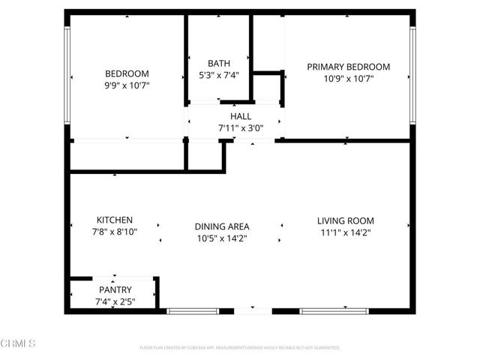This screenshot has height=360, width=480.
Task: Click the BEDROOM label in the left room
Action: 127,73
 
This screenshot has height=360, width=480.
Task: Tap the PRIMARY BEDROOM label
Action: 349,67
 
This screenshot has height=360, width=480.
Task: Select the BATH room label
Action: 219,64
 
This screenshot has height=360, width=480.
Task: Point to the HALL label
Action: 241,116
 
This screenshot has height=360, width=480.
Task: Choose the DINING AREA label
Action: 222,226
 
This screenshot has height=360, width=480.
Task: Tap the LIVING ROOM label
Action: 345,220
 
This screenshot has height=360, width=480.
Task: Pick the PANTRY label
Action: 115,289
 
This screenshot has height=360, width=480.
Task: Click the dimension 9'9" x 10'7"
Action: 127,85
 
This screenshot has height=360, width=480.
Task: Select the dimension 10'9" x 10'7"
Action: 349,79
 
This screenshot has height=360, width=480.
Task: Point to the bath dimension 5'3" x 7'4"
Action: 219,76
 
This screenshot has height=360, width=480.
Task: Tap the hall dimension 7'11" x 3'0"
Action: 241,128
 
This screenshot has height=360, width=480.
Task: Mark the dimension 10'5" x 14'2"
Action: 222,238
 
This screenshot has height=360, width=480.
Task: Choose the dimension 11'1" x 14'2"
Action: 345,232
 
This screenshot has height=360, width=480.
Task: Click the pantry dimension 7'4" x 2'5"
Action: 115,301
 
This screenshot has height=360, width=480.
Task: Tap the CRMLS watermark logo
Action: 19,343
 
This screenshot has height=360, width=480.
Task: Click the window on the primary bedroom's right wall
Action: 412,75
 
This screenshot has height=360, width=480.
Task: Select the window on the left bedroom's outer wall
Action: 67,75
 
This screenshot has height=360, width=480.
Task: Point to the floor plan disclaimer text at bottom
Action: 240,348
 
